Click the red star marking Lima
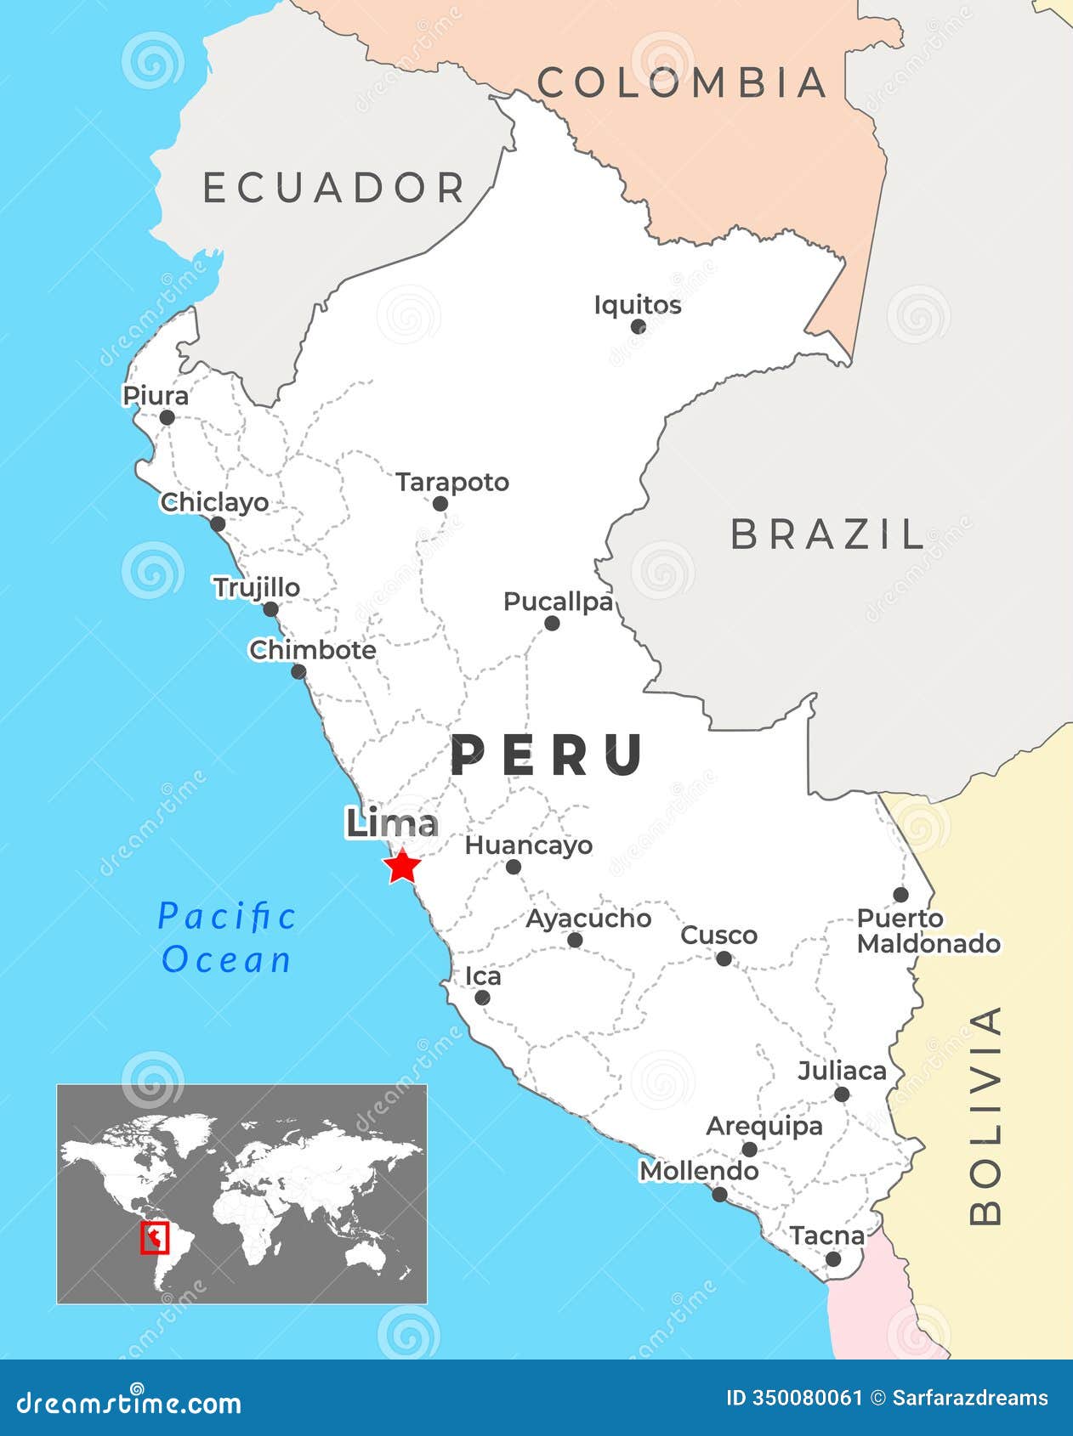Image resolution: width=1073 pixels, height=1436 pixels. point(401,868)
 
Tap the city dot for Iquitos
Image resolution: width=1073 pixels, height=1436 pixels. point(639,326)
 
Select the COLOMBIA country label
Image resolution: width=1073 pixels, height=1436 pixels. point(683,82)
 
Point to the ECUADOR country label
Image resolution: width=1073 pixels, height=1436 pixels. point(334,188)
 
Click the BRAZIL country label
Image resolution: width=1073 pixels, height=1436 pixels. point(827,534)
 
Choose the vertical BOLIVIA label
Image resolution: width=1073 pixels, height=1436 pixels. point(986,1115)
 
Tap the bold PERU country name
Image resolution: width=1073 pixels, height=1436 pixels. point(548,755)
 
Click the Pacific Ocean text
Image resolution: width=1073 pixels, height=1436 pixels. point(227,938)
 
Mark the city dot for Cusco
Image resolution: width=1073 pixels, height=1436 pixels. point(724,958)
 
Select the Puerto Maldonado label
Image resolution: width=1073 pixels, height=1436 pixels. point(927,931)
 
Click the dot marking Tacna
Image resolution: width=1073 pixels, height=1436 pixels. point(833,1259)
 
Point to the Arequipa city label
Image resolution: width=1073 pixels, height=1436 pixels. point(764,1127)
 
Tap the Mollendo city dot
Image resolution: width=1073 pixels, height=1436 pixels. point(719,1195)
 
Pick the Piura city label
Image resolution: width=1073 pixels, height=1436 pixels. point(156,396)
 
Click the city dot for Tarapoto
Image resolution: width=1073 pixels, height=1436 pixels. point(440,504)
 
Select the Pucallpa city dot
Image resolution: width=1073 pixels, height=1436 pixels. point(552,624)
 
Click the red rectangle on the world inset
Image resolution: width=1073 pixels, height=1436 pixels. point(155,1238)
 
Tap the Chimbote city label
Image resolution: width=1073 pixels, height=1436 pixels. point(313,650)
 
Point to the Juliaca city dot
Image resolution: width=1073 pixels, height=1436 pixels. point(842,1094)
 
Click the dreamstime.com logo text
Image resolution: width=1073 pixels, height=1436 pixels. point(129,1402)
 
